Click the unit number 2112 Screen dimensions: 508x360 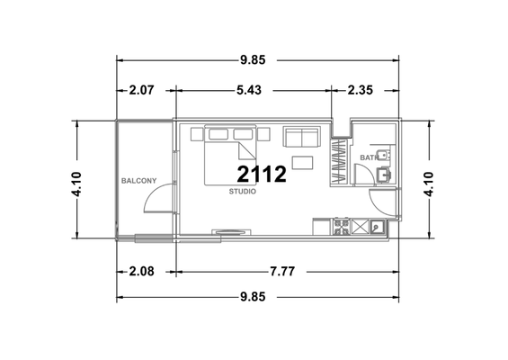262,175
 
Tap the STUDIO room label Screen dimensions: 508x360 243,192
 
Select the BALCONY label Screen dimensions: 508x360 138,181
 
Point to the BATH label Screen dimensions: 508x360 369,157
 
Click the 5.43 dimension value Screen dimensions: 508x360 249,90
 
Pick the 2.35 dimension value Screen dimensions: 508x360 360,90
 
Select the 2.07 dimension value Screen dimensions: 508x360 141,90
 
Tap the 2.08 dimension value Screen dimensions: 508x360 141,271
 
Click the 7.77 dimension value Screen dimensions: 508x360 282,271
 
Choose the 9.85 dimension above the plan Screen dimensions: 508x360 253,60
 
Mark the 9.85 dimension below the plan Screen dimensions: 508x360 253,297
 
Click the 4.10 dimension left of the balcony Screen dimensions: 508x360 76,184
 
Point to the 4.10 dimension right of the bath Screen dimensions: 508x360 428,184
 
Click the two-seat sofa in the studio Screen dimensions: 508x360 301,137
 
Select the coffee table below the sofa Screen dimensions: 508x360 302,163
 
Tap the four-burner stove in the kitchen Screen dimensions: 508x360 341,227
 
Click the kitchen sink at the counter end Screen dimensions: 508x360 377,227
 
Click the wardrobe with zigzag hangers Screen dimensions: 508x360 339,162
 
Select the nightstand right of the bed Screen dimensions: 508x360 263,134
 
